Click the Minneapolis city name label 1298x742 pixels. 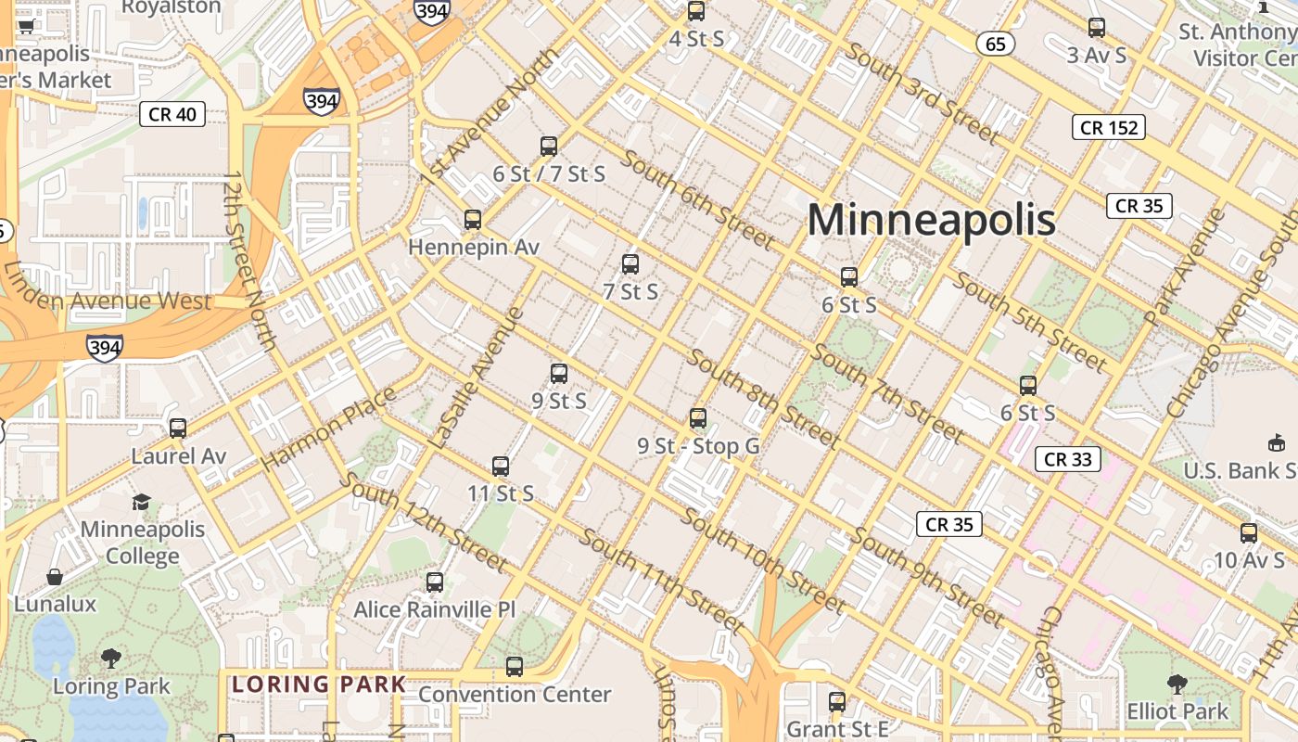931,221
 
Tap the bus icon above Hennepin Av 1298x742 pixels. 473,220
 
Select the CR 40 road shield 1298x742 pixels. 172,114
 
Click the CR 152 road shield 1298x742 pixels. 1108,127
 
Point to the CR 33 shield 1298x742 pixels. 1067,459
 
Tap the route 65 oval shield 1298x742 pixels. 995,44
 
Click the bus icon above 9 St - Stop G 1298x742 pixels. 698,418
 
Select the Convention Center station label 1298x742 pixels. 515,694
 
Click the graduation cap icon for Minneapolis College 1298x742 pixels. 141,502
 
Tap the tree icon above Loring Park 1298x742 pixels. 111,659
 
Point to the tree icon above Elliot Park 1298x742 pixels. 1177,684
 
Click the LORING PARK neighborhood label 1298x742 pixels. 319,685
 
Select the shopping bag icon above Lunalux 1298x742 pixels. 55,577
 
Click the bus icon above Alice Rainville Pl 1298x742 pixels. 435,582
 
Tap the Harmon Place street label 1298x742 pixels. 329,429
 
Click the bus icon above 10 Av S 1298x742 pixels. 1249,533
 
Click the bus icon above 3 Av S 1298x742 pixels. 1097,28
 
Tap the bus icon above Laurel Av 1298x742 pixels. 178,429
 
